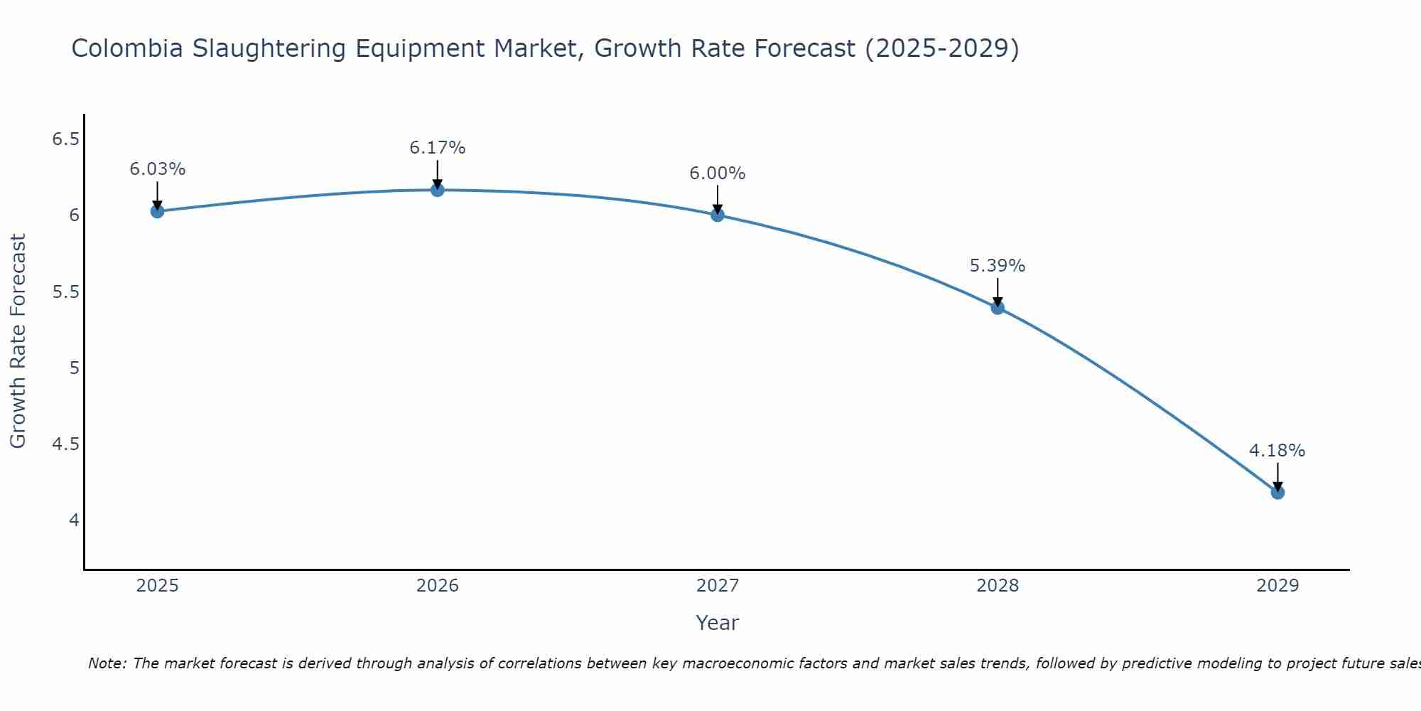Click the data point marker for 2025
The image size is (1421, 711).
(157, 211)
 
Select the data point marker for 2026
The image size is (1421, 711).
(438, 190)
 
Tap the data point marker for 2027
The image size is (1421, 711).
(718, 215)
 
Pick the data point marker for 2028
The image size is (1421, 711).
(998, 308)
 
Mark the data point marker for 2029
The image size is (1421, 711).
(1277, 492)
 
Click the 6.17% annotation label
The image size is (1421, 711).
(438, 148)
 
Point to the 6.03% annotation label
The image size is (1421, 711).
(157, 169)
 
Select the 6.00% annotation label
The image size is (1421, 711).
(718, 173)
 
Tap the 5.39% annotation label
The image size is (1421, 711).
(998, 266)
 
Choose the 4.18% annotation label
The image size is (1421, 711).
(1277, 451)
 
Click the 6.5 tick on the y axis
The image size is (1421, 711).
(65, 139)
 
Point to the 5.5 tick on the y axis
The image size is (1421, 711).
(65, 292)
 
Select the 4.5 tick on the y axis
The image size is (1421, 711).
(65, 444)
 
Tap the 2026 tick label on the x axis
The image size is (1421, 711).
(438, 586)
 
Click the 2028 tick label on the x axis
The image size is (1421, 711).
(998, 586)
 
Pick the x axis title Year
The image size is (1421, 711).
(718, 623)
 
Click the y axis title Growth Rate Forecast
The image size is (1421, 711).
(18, 341)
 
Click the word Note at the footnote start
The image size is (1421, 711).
(106, 663)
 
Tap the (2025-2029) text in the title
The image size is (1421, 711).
(941, 48)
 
